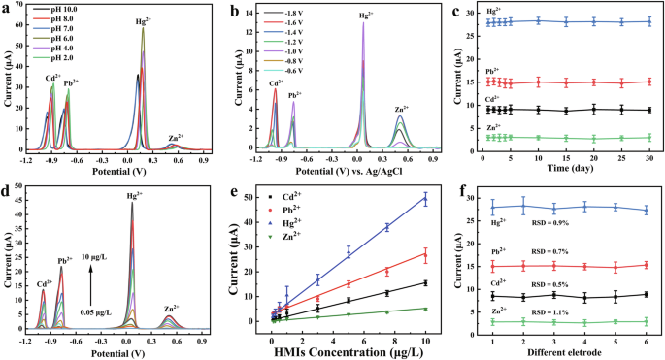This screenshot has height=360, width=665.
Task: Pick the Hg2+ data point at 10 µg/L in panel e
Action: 424,199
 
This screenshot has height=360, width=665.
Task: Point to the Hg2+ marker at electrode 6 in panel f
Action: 647,210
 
